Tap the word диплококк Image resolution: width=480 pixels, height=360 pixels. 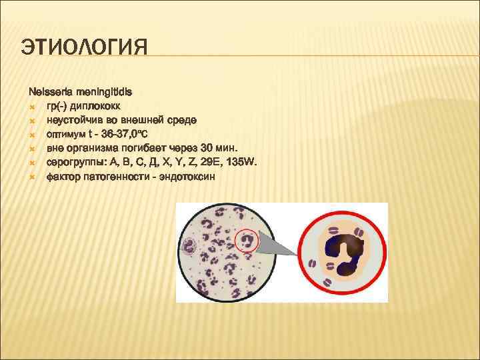[x=97, y=105]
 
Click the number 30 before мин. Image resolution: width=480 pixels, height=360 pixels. [x=209, y=148]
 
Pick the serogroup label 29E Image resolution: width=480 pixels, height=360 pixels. [x=212, y=163]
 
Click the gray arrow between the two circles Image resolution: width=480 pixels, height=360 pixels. [x=280, y=247]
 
